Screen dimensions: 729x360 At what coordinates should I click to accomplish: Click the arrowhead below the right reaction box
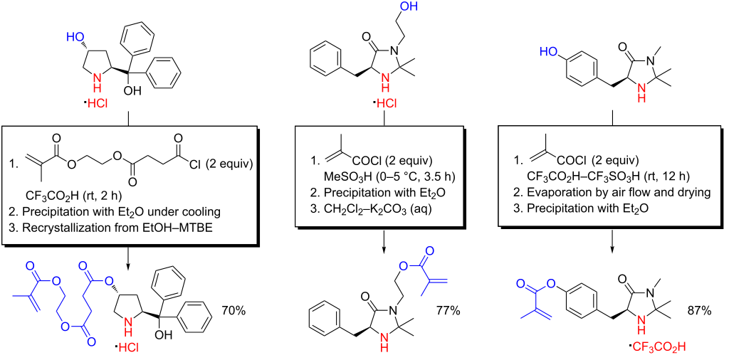click(x=612, y=249)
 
